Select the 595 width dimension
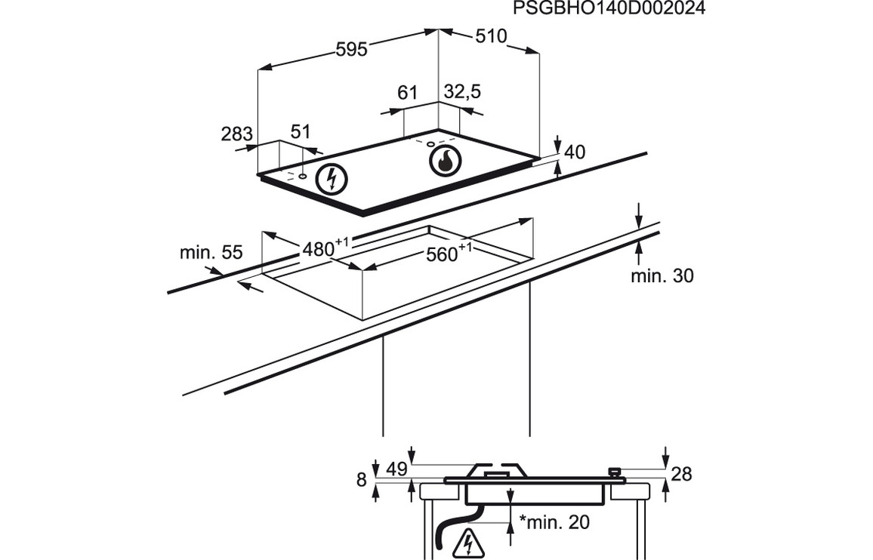[x=351, y=49]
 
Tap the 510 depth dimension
[x=491, y=36]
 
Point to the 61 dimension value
[x=407, y=93]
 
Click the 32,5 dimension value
[x=462, y=92]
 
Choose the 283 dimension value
[x=236, y=134]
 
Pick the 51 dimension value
[x=301, y=131]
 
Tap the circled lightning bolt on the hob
[x=331, y=179]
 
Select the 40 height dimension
[x=575, y=152]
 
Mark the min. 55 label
[x=211, y=253]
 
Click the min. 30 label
[x=662, y=276]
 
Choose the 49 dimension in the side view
[x=396, y=469]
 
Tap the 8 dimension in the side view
[x=361, y=478]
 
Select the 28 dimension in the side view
[x=681, y=474]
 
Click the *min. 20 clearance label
[x=554, y=522]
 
